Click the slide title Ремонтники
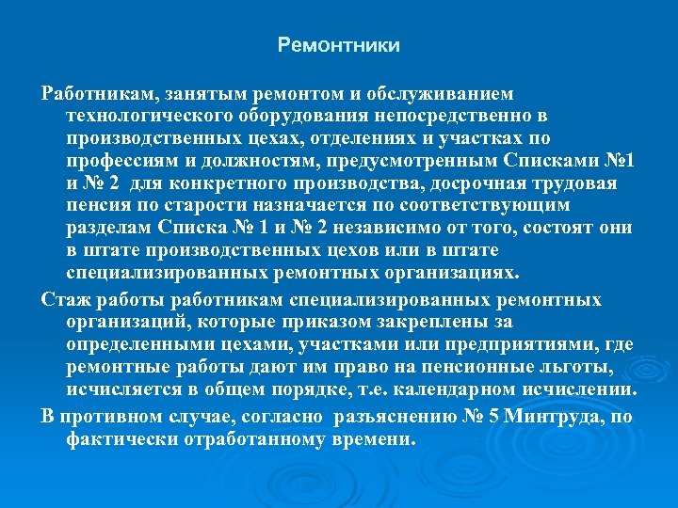pos(339,45)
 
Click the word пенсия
pos(99,206)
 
